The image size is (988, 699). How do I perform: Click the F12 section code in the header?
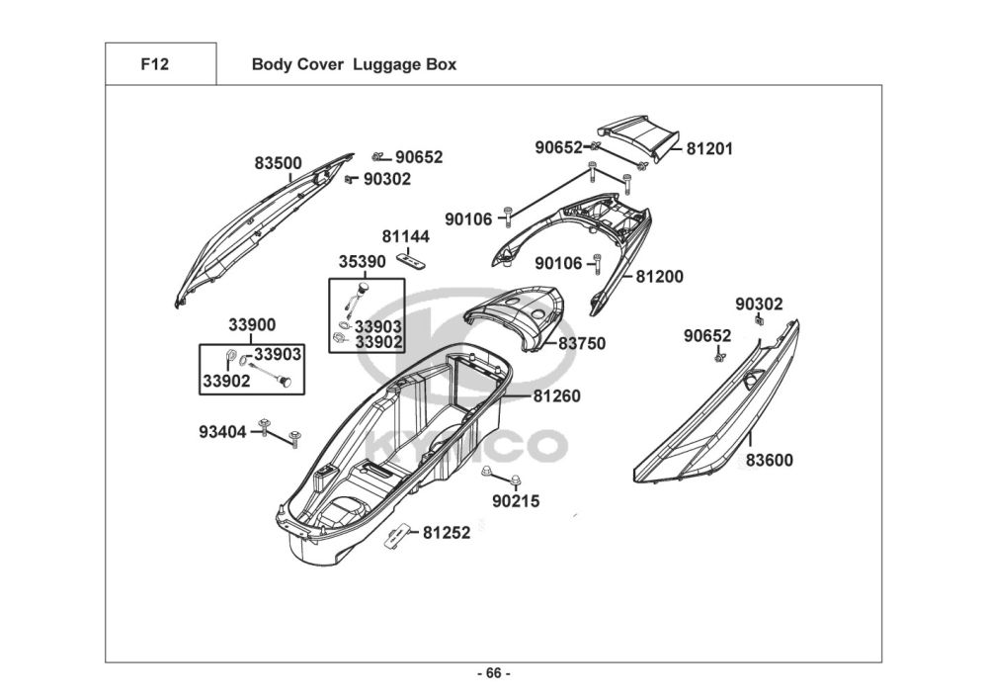[154, 65]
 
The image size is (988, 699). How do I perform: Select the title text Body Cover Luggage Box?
[354, 65]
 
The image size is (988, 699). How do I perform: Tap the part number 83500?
[278, 163]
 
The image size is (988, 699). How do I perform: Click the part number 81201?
[709, 149]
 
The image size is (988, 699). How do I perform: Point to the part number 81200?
[659, 277]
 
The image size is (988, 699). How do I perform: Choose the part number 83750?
[582, 344]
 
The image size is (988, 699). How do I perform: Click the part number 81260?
[556, 396]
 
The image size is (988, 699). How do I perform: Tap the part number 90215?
[516, 501]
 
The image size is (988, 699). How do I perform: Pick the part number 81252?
[447, 532]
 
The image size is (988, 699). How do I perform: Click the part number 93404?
[222, 431]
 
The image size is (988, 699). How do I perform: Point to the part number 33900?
[252, 324]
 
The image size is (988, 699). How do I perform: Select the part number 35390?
[362, 263]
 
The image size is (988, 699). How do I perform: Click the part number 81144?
[406, 237]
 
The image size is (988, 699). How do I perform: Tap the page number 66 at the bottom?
[494, 674]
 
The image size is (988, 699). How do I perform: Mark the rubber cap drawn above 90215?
[488, 473]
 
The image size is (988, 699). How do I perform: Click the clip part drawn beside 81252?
[397, 536]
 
